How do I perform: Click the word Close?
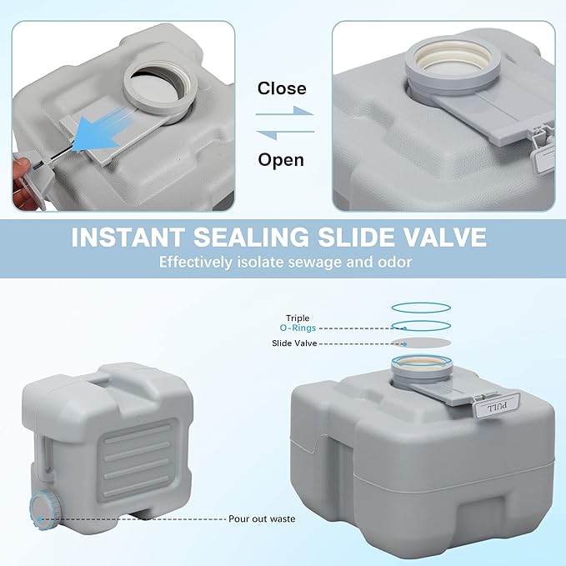coord(282,88)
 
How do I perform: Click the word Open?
coord(281,159)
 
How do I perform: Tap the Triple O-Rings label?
coord(298,323)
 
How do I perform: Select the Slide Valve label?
coord(293,343)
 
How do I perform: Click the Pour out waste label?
coord(261,518)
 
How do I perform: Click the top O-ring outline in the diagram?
coord(421,307)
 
